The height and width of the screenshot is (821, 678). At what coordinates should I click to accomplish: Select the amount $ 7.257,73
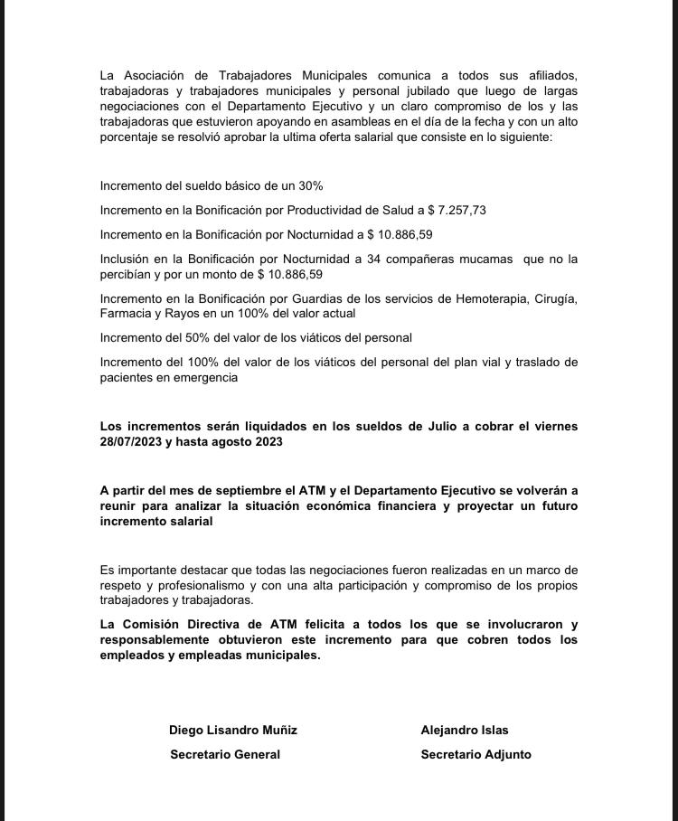tap(457, 210)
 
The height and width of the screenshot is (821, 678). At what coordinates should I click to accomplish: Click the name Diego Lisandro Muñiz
tap(232, 730)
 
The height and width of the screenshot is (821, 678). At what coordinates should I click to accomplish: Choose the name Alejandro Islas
tap(465, 730)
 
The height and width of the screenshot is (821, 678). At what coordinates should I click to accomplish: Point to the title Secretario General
tap(225, 754)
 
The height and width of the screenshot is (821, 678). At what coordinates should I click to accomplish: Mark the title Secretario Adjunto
tap(476, 754)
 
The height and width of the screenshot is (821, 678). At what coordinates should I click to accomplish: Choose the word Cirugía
tap(557, 298)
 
